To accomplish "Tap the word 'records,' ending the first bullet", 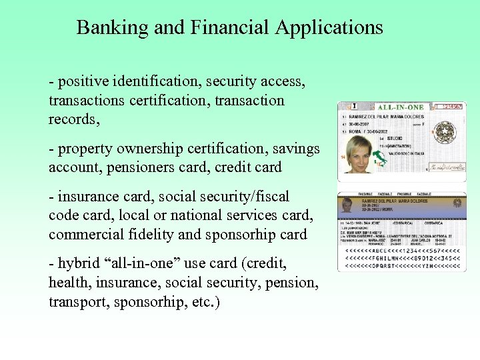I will click(x=73, y=119).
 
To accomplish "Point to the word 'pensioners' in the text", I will click(x=133, y=167).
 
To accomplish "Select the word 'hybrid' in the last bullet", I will click(x=77, y=264).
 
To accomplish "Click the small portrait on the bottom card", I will click(x=347, y=206).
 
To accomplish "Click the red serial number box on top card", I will click(x=451, y=106).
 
